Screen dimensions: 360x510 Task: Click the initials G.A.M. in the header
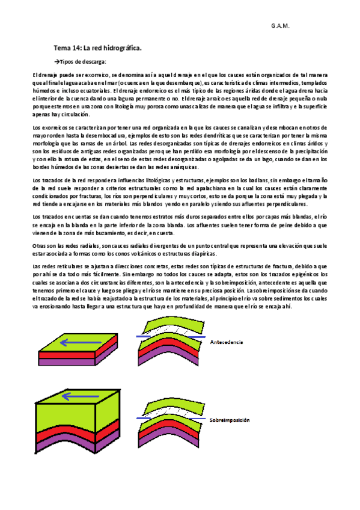[280, 26]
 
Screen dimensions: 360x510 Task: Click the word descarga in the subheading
[96, 61]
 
